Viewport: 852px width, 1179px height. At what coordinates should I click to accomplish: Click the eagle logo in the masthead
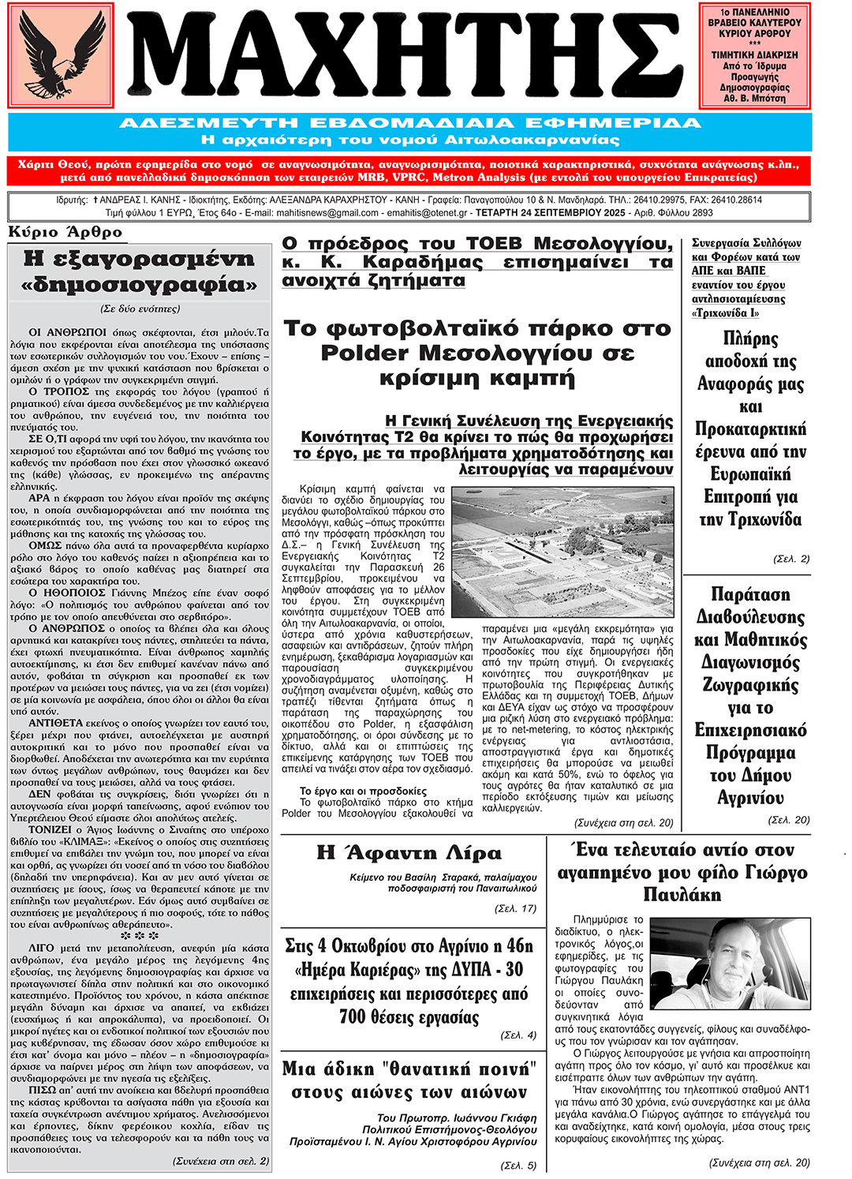tap(61, 55)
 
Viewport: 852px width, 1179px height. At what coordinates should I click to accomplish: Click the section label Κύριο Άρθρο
tap(65, 232)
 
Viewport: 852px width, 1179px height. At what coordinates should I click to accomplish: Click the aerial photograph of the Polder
tap(574, 552)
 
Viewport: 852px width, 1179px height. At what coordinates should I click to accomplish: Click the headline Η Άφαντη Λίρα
tap(409, 853)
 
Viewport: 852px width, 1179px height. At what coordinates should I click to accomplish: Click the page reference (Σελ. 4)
tap(519, 1035)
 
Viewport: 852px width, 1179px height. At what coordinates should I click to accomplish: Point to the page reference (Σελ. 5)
tap(519, 1165)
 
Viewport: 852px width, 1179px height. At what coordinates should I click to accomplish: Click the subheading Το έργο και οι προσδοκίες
tap(363, 791)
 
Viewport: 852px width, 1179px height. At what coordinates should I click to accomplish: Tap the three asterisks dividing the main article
tap(140, 935)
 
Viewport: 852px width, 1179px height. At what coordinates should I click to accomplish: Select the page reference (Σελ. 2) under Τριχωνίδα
tap(791, 559)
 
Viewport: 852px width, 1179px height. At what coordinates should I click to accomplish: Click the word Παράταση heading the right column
tap(750, 594)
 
